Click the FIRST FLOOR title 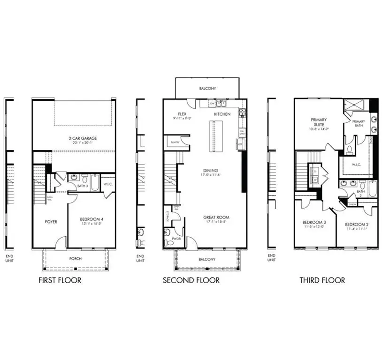pos(60,280)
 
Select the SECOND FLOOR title pos(191,280)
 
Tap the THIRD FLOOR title pos(322,280)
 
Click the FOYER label pos(51,222)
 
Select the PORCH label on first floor pos(76,258)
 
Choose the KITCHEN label pos(222,114)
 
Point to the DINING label pos(211,171)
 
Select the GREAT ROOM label pos(216,217)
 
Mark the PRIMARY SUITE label pos(318,122)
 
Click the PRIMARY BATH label pos(359,123)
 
